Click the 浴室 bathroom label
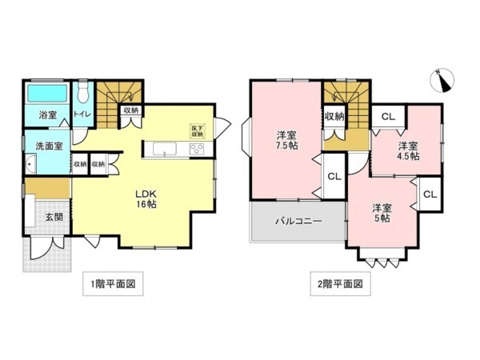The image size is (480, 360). pos(47,115)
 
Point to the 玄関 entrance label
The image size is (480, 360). pos(54,217)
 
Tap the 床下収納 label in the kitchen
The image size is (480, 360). pos(197,130)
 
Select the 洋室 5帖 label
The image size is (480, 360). pos(381,213)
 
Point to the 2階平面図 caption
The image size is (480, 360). pos(341,284)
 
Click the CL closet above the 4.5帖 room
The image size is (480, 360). pos(387,117)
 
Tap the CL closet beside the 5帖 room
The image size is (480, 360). pos(430,194)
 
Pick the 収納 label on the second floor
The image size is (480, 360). pos(334,117)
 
